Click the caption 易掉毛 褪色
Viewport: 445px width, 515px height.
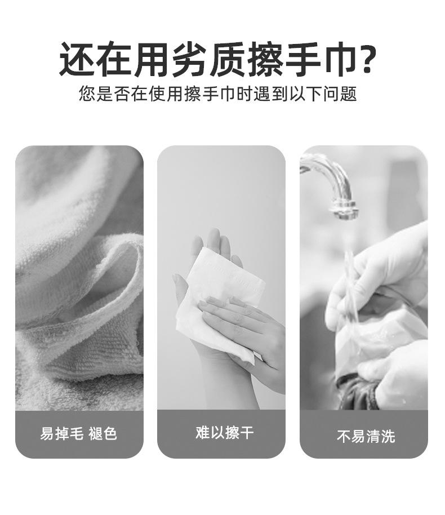[x=79, y=433]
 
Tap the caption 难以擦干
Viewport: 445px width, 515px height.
[x=224, y=432]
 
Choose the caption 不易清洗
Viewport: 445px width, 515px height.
[x=366, y=436]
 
